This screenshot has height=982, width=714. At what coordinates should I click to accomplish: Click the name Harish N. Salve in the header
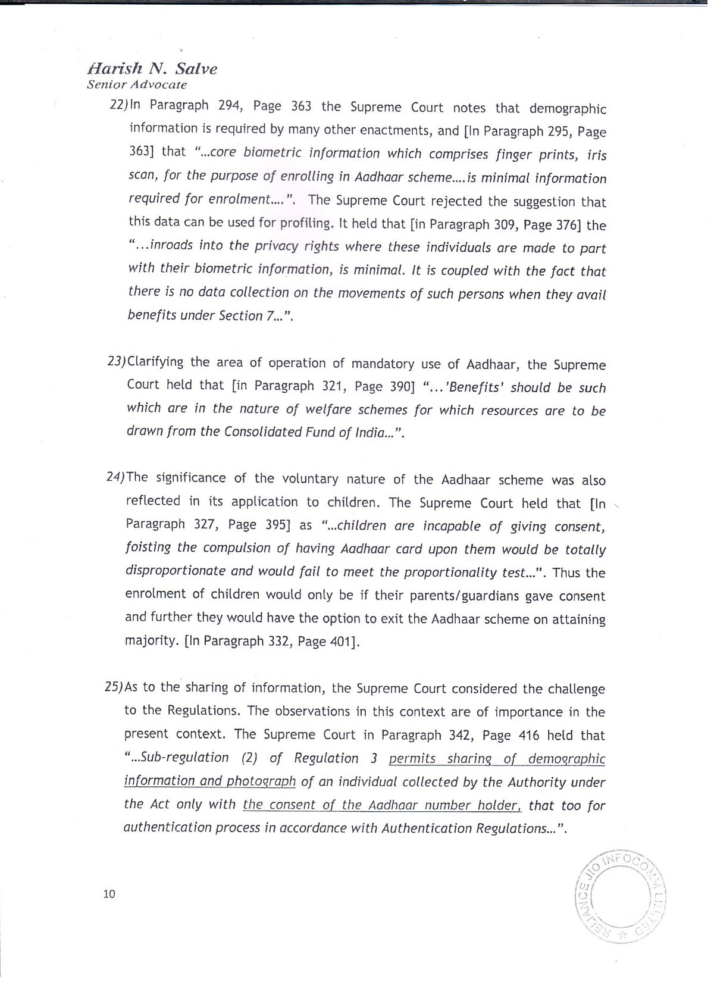pos(152,68)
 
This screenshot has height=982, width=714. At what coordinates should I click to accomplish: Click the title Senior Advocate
pos(137,85)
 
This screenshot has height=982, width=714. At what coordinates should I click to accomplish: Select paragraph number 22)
pos(119,105)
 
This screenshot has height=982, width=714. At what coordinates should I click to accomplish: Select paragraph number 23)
pos(117,362)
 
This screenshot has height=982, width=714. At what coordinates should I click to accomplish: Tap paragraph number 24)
pos(115,477)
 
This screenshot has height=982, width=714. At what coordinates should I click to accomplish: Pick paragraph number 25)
pos(114,687)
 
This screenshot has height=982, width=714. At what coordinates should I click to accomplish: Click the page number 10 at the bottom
pos(109,893)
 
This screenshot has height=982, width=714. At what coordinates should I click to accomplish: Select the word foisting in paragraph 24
pos(148,547)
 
